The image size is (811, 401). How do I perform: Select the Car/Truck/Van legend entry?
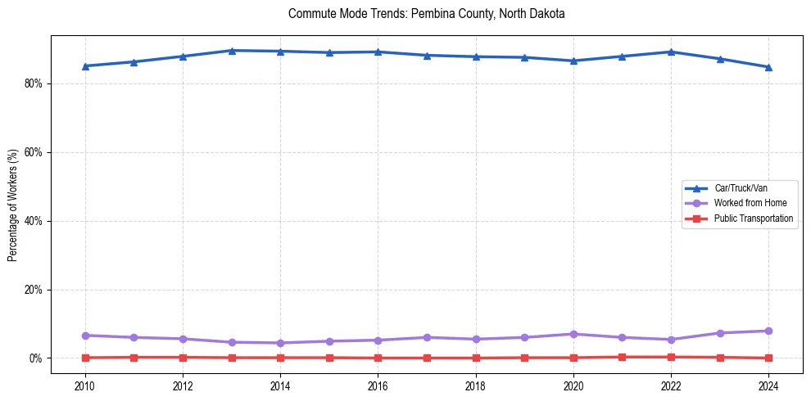click(741, 188)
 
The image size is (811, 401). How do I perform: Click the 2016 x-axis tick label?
click(378, 385)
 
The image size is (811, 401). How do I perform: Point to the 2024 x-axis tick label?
click(768, 385)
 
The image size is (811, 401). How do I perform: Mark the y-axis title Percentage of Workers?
click(13, 205)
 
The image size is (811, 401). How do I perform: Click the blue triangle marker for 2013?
click(232, 51)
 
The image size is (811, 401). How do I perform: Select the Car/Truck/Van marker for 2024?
click(768, 67)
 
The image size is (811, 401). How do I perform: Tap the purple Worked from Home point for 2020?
click(573, 334)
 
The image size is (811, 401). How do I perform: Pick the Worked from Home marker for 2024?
click(768, 331)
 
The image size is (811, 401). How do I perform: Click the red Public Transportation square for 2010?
click(85, 358)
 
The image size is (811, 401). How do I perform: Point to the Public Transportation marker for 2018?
click(476, 358)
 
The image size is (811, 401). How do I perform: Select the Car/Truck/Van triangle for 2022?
click(671, 52)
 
